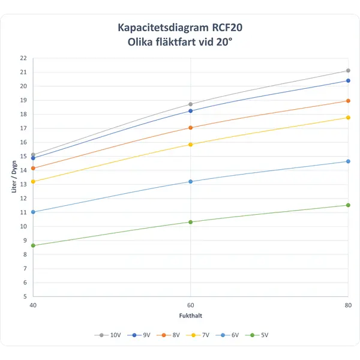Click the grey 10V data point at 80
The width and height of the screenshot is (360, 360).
(348, 71)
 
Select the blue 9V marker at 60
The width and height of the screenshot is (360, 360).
(191, 110)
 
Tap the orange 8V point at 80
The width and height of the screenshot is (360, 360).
(348, 101)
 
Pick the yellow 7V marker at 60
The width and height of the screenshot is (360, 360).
(191, 145)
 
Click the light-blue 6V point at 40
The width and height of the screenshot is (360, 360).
(34, 212)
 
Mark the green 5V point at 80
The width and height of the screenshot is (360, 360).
(348, 205)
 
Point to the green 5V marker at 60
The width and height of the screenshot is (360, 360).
(191, 222)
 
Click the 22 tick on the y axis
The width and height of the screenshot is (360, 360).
(23, 58)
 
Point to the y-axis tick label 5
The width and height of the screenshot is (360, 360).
(25, 296)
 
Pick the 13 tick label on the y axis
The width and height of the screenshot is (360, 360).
(23, 184)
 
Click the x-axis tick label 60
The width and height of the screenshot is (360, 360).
(191, 304)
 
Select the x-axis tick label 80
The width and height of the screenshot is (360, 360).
(348, 304)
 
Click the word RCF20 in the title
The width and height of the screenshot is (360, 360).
(228, 28)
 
